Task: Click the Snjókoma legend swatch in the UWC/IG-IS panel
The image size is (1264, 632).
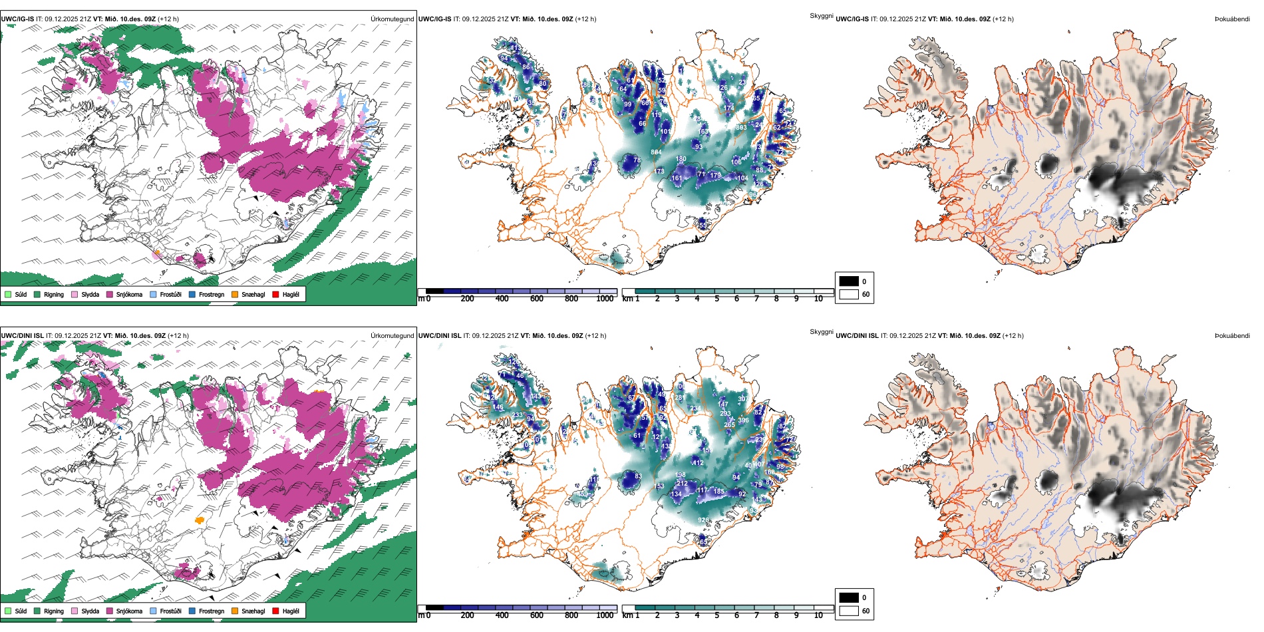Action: tap(110, 294)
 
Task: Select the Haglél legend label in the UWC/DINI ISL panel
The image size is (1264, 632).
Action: tap(291, 611)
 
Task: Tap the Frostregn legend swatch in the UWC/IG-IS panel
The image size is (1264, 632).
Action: tap(192, 294)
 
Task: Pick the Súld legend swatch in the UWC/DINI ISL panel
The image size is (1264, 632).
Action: tap(8, 611)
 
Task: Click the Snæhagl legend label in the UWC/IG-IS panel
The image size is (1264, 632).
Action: tap(253, 294)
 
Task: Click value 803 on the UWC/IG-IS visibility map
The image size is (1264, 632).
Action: tap(741, 127)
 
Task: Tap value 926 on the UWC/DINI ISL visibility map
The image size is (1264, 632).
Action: tap(703, 520)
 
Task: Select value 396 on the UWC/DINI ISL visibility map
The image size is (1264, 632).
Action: tap(743, 420)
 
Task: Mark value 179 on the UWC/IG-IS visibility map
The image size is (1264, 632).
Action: tap(715, 176)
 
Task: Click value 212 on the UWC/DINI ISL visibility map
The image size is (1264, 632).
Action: tap(682, 484)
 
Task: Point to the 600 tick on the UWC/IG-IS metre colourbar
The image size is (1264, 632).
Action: tap(537, 299)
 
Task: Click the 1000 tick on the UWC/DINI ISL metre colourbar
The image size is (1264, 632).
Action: tap(605, 615)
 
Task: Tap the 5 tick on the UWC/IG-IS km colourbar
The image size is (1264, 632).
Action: tap(717, 299)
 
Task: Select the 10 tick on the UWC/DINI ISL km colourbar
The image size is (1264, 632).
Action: tap(818, 615)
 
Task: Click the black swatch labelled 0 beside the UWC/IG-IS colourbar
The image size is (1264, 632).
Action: tap(849, 281)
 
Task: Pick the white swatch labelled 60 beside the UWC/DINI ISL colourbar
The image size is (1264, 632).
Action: tap(849, 611)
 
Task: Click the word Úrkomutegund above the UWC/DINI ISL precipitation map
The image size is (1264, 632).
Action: tap(393, 335)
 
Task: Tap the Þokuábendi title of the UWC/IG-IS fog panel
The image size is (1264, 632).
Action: tap(1232, 19)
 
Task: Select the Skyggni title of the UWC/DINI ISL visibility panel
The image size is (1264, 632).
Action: tap(821, 331)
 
